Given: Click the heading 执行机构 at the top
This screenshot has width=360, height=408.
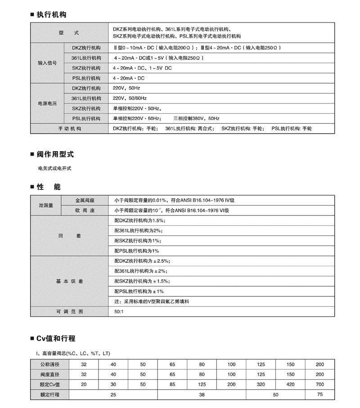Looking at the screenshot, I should click(x=51, y=15).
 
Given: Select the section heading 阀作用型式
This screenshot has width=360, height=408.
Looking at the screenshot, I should click(x=54, y=154).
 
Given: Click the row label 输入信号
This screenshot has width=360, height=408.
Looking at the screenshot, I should click(x=47, y=63).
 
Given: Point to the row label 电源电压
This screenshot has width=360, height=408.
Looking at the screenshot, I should click(x=47, y=103).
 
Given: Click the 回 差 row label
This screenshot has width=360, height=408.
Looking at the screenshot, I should click(x=69, y=235).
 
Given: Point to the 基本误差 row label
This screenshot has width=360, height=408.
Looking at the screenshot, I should click(x=69, y=281).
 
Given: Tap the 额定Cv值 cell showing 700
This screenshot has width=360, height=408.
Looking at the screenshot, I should click(x=319, y=384).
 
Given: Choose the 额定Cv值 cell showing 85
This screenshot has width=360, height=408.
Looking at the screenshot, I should click(x=172, y=384).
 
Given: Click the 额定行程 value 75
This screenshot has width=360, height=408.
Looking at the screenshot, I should click(x=319, y=395).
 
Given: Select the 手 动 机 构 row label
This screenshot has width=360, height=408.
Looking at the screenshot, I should click(x=69, y=129).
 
